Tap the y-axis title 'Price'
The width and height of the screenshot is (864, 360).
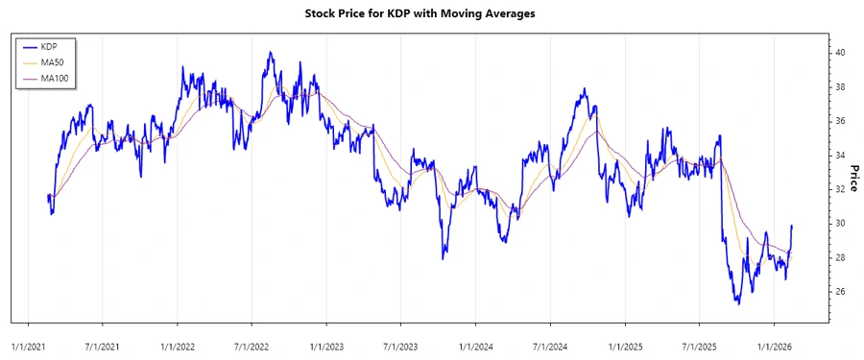pos(851,179)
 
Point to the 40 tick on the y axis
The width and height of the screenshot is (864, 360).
pos(839,53)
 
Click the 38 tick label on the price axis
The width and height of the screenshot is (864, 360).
pos(839,86)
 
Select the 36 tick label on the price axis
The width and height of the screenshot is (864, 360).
pos(839,121)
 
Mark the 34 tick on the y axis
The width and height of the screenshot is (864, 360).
pos(839,156)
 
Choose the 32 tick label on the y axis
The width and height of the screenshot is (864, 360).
pos(839,189)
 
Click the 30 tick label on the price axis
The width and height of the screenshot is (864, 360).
pos(839,224)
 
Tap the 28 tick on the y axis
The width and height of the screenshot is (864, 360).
pos(839,257)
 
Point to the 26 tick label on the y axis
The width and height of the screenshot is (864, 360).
pos(839,292)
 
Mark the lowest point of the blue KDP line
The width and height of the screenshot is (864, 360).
pos(737,304)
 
